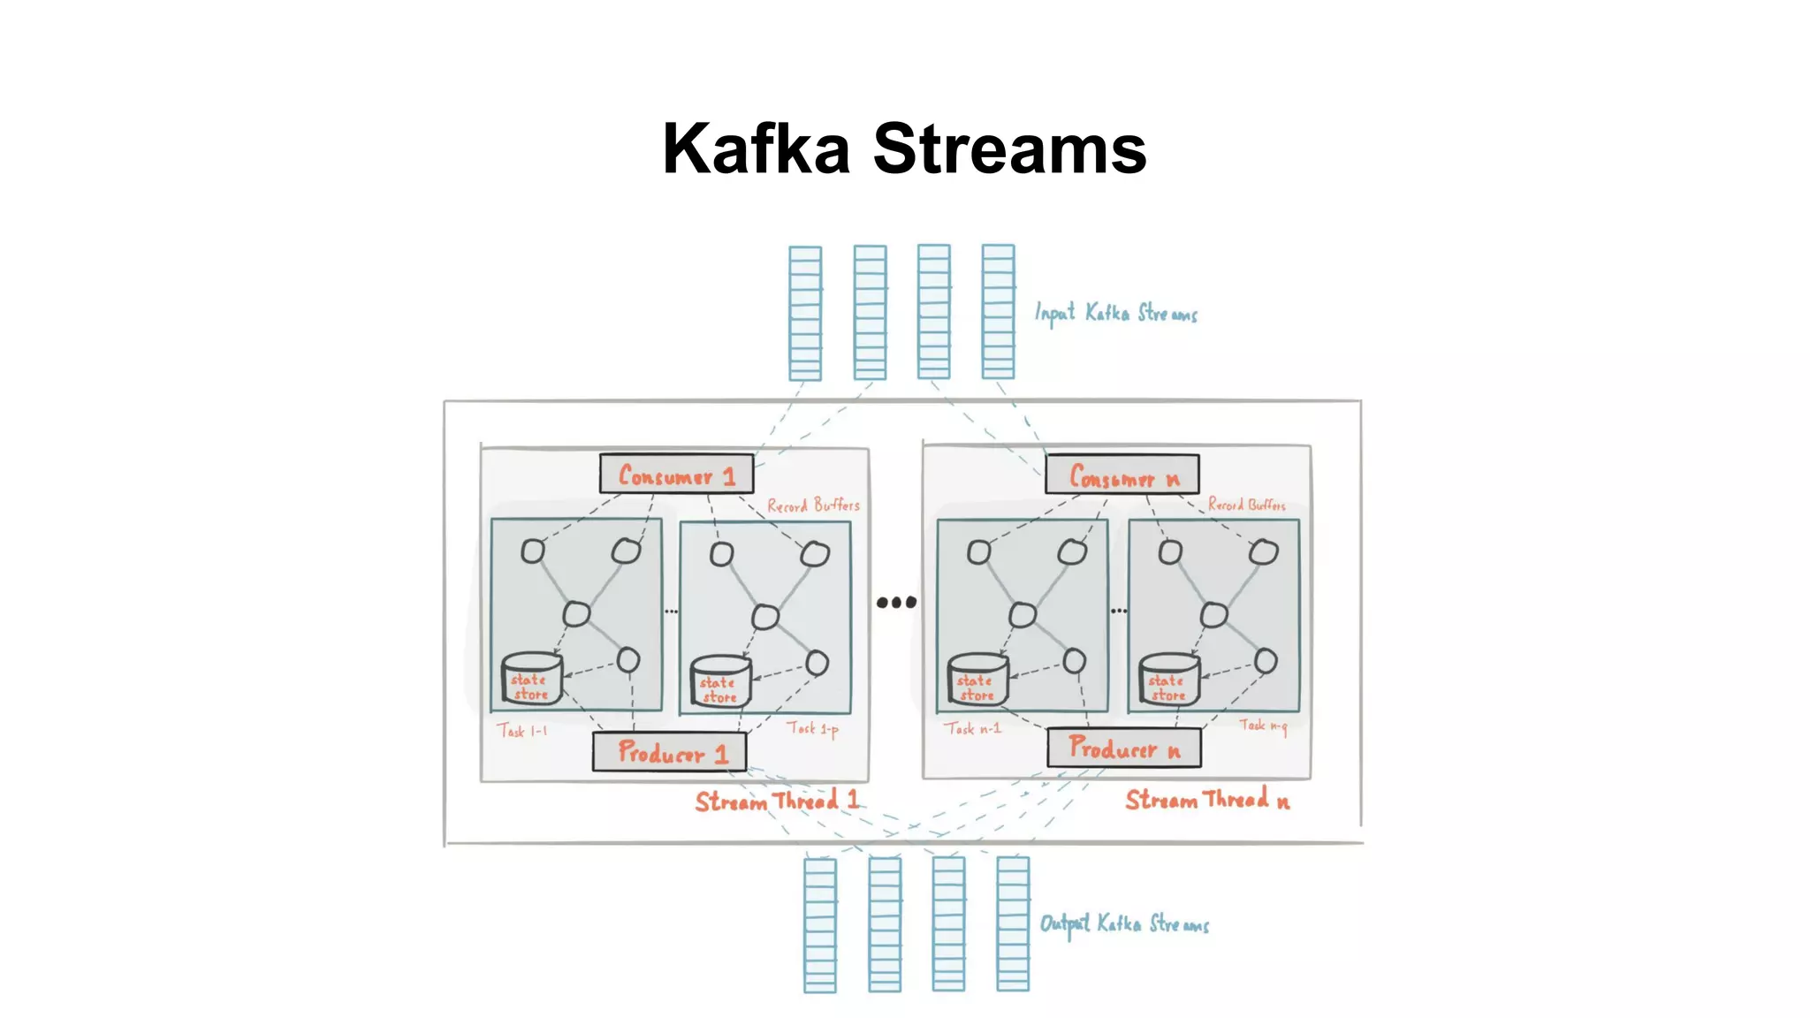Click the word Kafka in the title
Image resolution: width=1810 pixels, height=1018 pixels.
coord(756,148)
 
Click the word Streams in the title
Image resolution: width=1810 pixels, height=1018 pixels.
coord(1009,148)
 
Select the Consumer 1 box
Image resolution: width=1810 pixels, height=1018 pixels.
coord(677,475)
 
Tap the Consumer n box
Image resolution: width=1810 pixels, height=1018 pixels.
coord(1122,475)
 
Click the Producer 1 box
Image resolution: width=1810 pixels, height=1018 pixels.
coord(670,752)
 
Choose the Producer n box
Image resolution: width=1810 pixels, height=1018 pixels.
coord(1123,748)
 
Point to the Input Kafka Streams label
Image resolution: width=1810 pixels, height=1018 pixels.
coord(1115,313)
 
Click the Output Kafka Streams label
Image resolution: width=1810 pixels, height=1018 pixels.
coord(1123,923)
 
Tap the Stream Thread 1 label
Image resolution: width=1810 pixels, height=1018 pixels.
coord(776,801)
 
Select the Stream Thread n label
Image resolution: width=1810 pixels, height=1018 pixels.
coord(1206,800)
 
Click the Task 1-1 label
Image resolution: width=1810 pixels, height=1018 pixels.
coord(521,731)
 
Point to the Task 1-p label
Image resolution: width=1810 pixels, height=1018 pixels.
coord(812,729)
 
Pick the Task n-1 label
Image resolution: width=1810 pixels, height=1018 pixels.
coord(971,729)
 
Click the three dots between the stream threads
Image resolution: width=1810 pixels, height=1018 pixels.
coord(896,603)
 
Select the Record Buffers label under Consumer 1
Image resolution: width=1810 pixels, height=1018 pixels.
coord(812,505)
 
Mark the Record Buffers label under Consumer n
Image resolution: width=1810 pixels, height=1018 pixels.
coord(1246,505)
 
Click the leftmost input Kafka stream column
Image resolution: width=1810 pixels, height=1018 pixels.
coord(805,313)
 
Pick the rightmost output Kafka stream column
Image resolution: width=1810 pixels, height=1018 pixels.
coord(1013,924)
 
